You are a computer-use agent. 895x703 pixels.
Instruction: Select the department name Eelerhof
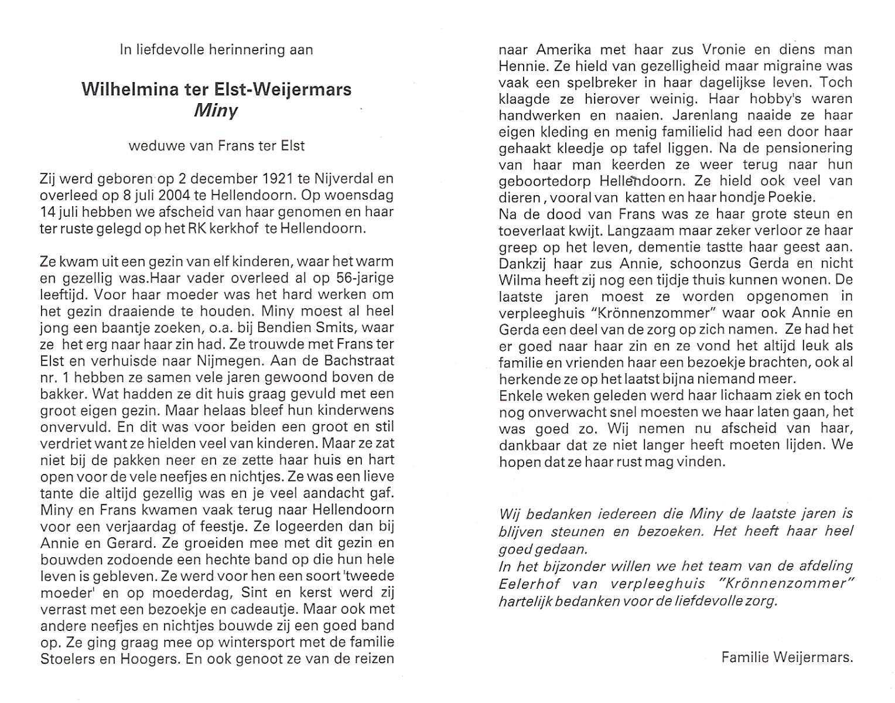[x=523, y=583]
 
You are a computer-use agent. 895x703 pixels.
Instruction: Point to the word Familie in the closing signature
[x=744, y=657]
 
